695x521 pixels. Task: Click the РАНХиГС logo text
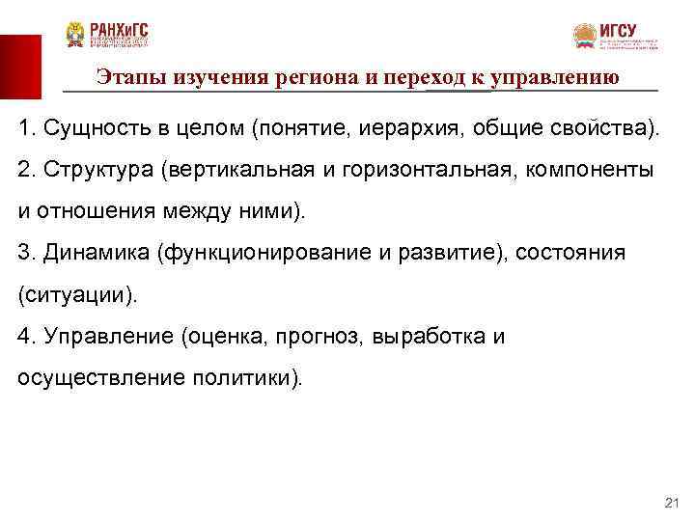(x=120, y=29)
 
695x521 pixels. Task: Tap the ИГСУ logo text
(x=618, y=31)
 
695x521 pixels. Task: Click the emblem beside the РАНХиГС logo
(x=74, y=36)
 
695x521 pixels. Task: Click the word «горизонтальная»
(x=436, y=170)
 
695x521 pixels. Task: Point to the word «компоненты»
(x=593, y=170)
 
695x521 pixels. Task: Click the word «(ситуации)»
(x=77, y=294)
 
